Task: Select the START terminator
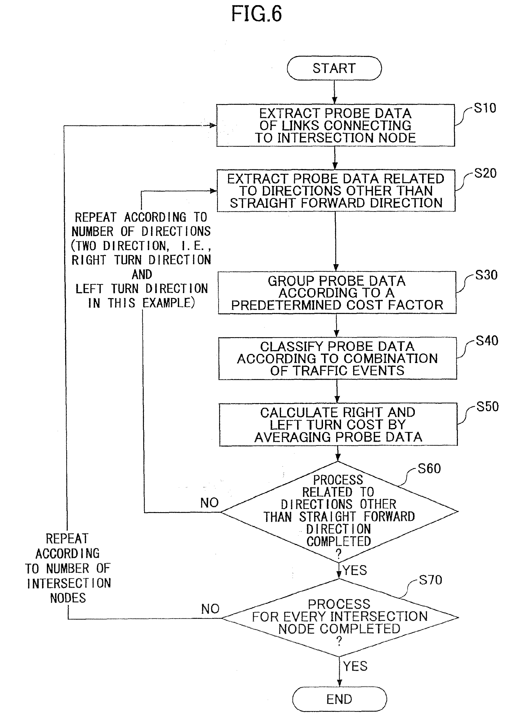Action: pyautogui.click(x=334, y=68)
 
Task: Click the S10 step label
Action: pyautogui.click(x=485, y=108)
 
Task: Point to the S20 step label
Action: pyautogui.click(x=485, y=173)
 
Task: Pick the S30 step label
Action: pyautogui.click(x=486, y=275)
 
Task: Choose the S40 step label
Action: pyautogui.click(x=487, y=341)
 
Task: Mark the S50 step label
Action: pyautogui.click(x=488, y=407)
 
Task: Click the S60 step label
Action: pyautogui.click(x=429, y=469)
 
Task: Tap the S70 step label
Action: pyautogui.click(x=430, y=580)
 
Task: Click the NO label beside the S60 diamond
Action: pyautogui.click(x=210, y=503)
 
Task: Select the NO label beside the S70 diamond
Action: pyautogui.click(x=210, y=609)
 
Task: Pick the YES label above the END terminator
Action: pyautogui.click(x=355, y=666)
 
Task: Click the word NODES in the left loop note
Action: pyautogui.click(x=68, y=598)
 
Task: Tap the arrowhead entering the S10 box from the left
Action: pyautogui.click(x=213, y=125)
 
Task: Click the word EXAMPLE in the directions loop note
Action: pyautogui.click(x=168, y=303)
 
